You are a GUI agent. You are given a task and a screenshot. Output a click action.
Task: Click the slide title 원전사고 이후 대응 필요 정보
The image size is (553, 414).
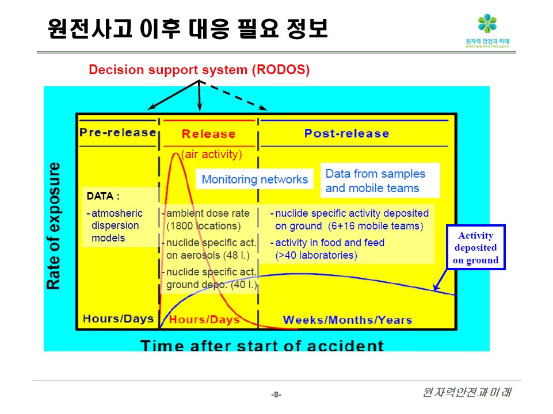(188, 28)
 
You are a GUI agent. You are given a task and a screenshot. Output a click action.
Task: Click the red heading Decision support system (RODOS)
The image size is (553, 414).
(199, 70)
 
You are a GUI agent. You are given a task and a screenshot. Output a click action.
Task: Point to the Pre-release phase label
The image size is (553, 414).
(118, 132)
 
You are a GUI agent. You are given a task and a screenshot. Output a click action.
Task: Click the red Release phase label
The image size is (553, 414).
(208, 134)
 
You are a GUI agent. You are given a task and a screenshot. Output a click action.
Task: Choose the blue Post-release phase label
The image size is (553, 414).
(346, 133)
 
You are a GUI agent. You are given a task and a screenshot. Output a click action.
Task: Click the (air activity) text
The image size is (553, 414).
(211, 154)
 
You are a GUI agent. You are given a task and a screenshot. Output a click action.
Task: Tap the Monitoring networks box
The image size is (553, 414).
(254, 179)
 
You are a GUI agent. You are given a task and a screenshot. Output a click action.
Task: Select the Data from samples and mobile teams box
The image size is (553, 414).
(379, 181)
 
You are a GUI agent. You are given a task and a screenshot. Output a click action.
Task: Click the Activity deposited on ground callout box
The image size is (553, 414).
(476, 248)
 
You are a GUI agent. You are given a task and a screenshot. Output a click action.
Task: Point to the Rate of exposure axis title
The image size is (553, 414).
(54, 226)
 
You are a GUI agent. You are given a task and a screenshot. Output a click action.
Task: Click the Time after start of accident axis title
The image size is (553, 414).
(262, 346)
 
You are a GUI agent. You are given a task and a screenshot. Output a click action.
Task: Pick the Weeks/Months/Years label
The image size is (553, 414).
(348, 320)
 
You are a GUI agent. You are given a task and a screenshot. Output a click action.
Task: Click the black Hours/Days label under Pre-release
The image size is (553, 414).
(119, 319)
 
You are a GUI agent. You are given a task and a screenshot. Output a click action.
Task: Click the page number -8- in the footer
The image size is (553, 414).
(276, 394)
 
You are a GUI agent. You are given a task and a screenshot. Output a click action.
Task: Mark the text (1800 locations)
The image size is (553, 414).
(203, 226)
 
